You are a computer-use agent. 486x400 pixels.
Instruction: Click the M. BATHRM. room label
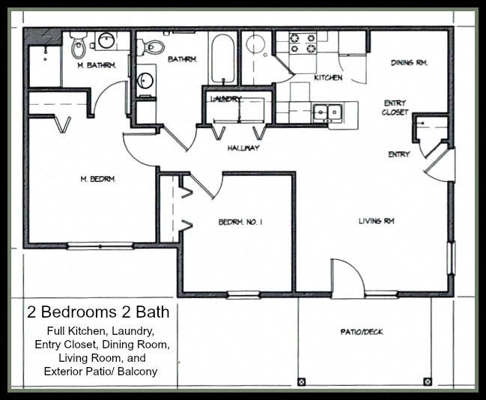pos(97,65)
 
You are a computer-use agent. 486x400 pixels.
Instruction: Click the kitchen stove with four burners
pos(303,43)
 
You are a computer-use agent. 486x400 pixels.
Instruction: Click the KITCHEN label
pos(328,78)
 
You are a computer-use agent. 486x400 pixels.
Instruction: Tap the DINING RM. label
pos(409,63)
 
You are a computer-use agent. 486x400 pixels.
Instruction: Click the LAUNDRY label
pos(225,98)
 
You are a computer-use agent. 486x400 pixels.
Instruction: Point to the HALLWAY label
pos(243,148)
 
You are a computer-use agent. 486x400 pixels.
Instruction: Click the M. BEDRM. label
pos(96,178)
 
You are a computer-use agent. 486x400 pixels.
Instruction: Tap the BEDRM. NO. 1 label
pos(239,222)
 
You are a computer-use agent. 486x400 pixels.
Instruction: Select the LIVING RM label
pos(376,221)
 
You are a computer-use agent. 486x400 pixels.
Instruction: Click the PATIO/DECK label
pos(361,331)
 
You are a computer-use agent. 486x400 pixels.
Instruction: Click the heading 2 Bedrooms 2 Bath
pos(98,312)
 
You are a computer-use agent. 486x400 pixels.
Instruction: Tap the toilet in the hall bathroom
pos(154,47)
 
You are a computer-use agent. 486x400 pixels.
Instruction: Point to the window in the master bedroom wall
pos(100,246)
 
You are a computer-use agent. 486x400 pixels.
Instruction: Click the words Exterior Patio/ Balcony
pos(101,371)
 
